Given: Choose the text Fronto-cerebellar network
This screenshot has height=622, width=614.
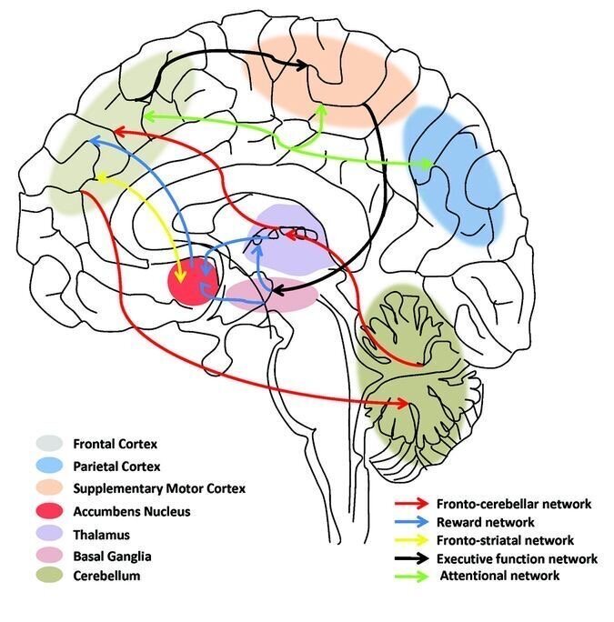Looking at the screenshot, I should (513, 504).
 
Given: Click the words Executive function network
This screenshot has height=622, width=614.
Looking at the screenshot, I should (516, 557).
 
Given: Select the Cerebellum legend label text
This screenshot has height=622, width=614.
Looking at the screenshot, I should (108, 577).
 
